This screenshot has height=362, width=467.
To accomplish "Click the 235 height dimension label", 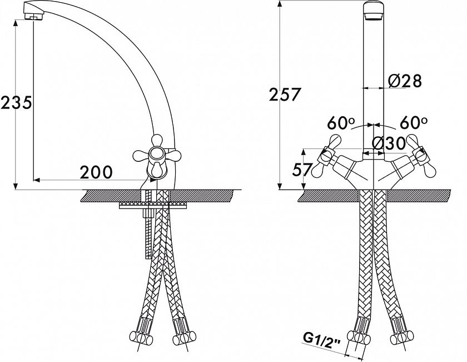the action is click(16, 103).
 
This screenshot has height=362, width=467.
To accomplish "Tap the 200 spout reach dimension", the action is click(96, 172).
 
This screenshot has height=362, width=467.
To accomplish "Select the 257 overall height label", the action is click(284, 95).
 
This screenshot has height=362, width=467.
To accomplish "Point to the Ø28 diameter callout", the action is click(405, 81).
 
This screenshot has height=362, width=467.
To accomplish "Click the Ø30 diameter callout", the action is click(389, 143).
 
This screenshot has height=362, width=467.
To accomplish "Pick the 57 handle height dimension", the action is click(302, 170).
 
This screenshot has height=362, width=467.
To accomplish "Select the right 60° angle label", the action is click(414, 122).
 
